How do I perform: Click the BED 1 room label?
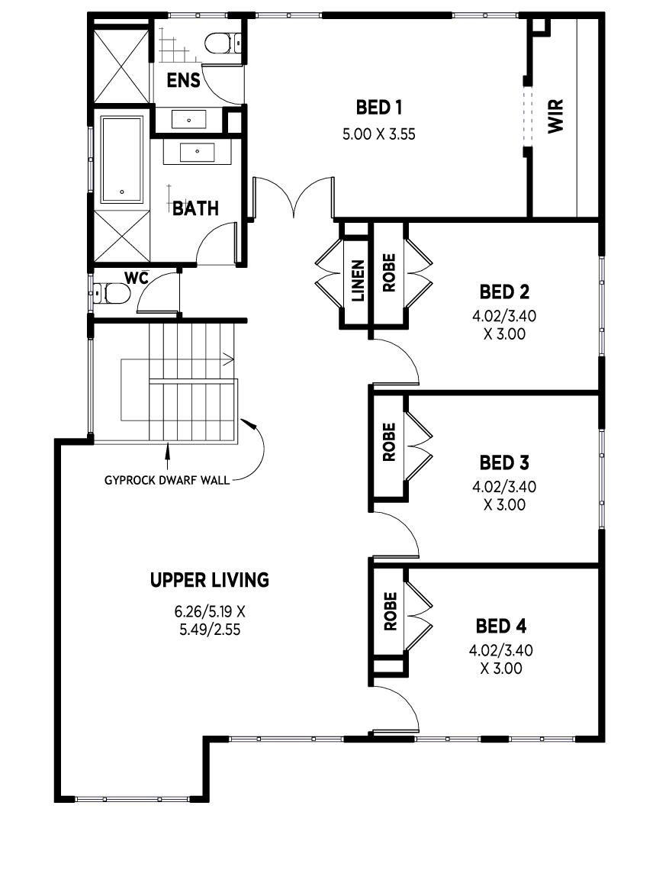coord(378,107)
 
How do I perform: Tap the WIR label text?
coord(555,116)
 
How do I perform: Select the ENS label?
coord(184,80)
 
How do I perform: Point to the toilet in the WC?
coord(111,293)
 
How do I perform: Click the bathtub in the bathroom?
coord(121,159)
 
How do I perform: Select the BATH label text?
coord(195,208)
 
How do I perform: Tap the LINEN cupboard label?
coord(359,280)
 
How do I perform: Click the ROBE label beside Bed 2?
coord(389,273)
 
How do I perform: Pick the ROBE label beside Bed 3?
coord(389,442)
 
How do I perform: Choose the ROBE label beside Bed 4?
coord(390,611)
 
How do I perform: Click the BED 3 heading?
coord(504,462)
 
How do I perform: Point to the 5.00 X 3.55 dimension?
coord(378,134)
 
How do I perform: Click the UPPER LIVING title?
coord(210,580)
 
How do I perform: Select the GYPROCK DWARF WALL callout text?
coord(167,480)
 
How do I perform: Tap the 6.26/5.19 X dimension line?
coord(210,611)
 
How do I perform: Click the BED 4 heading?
coord(501,626)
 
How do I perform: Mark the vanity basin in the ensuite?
coord(188,120)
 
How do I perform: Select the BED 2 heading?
coord(504,292)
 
